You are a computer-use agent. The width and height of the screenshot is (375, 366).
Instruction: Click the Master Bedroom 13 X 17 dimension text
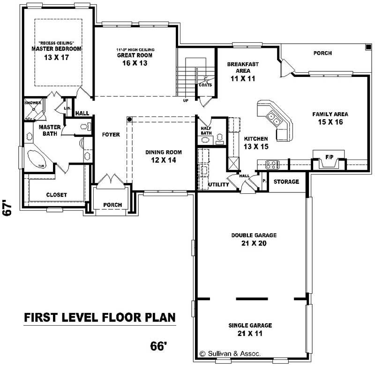coord(57,57)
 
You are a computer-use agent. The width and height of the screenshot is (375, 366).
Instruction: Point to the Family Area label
coord(330,114)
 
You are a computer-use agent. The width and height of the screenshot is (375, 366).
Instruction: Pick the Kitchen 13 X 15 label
coord(255,139)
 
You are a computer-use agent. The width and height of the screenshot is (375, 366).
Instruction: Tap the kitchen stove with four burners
coord(272,164)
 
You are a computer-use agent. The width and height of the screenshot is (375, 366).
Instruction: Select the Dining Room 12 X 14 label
coord(163,152)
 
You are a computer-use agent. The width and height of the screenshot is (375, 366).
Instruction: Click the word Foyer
coord(111,135)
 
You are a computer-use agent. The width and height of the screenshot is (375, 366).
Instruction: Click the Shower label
coord(33,103)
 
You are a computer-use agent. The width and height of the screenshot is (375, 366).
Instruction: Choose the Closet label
coord(56,195)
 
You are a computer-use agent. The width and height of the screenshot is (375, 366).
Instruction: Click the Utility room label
coord(218,185)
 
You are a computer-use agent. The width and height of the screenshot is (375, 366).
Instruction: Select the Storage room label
coord(286,182)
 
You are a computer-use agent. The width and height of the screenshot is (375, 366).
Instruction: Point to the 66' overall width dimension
coord(159,346)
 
